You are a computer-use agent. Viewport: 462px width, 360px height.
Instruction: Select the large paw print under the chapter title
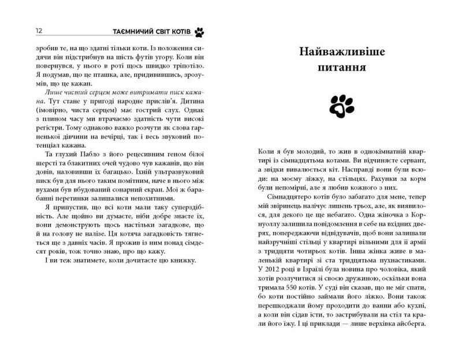coord(341,104)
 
